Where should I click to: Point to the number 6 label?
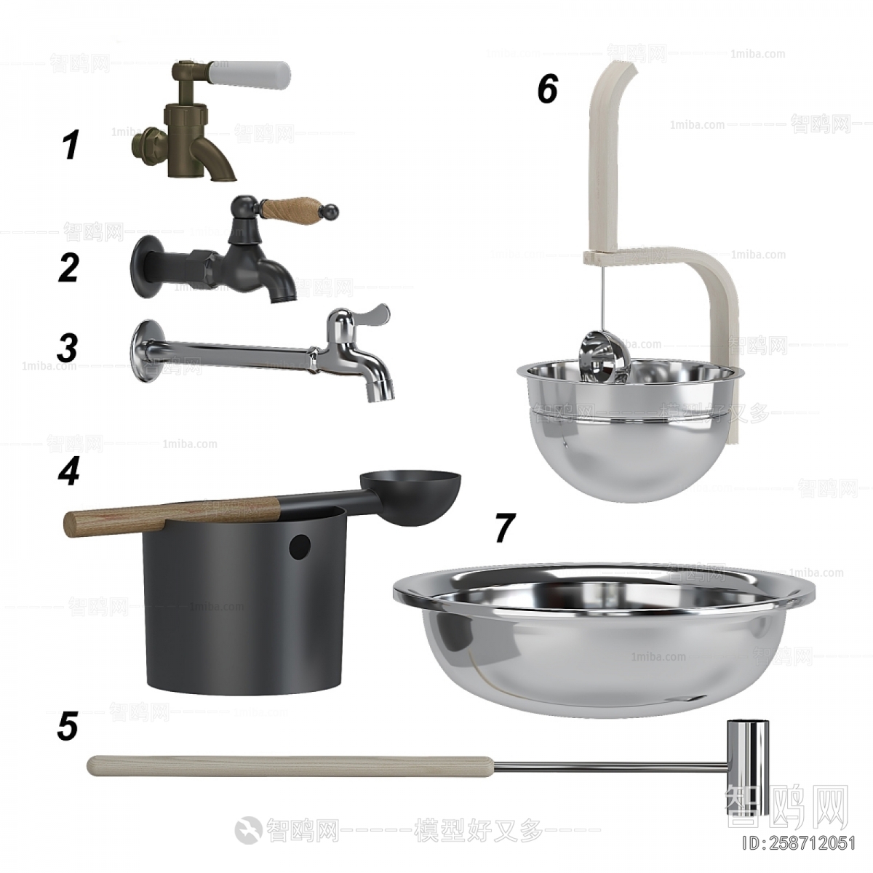pyautogui.click(x=547, y=89)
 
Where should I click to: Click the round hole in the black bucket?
pyautogui.click(x=298, y=546)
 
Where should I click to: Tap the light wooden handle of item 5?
pyautogui.click(x=291, y=765)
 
